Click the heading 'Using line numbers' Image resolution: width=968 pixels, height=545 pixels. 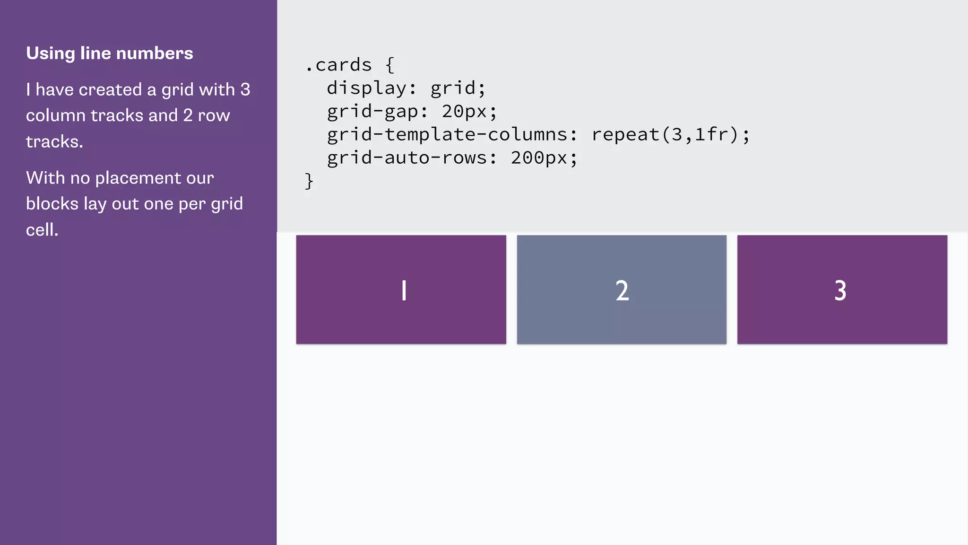109,53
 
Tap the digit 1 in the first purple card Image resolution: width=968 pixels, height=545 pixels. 404,290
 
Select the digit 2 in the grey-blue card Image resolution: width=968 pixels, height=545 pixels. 622,290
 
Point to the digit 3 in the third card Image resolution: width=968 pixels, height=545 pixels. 840,290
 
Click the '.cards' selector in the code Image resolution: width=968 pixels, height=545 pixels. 338,65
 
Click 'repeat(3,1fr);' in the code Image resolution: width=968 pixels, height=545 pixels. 670,135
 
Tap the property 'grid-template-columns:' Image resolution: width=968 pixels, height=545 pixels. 452,135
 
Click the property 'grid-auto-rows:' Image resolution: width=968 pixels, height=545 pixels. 412,158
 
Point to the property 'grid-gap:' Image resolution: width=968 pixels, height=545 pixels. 377,112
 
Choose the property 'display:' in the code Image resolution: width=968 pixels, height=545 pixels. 372,88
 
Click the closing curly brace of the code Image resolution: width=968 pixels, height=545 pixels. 309,181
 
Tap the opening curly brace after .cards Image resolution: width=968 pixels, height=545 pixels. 390,65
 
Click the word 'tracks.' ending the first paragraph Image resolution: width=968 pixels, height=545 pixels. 54,141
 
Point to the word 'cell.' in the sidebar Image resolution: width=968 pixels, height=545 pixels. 42,230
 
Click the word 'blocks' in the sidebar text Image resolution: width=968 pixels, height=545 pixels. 52,204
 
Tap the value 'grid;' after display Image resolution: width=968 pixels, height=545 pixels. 458,88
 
